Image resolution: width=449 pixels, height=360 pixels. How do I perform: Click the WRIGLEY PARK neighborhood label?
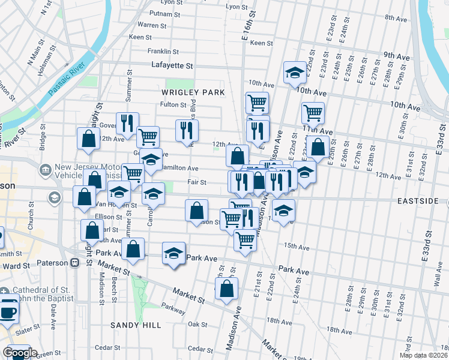[x=193, y=92]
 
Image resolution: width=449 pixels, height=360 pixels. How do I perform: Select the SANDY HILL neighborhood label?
[x=135, y=325]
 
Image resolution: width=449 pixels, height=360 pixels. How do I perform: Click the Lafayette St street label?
[x=172, y=65]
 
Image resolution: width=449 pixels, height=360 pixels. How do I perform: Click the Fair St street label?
[x=197, y=182]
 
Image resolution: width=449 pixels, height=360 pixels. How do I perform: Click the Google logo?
[x=20, y=353]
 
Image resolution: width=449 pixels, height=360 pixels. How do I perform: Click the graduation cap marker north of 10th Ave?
[x=294, y=73]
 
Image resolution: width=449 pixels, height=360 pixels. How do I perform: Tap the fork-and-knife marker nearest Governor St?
[x=127, y=123]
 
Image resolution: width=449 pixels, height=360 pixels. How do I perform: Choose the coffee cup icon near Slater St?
[x=9, y=312]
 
